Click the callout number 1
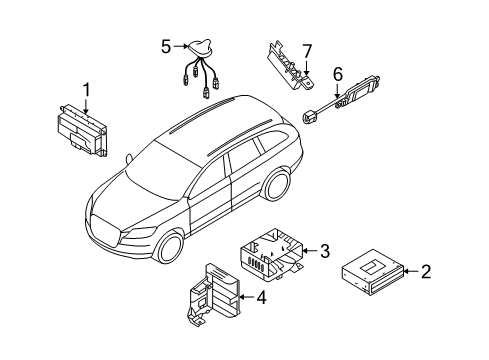87,90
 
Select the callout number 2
426,272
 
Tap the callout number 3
325,251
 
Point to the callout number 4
261,297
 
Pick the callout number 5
166,47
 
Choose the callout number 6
338,74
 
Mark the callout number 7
307,52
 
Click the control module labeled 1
82,131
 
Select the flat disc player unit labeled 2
373,273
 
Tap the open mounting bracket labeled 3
272,254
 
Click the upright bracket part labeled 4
212,295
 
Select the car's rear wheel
277,184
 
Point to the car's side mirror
129,158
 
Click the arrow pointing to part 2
411,272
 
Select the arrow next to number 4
247,297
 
